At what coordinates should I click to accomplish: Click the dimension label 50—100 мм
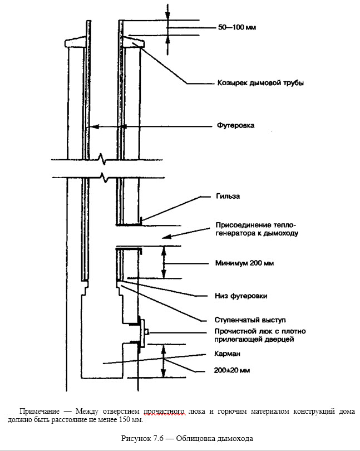[236, 27]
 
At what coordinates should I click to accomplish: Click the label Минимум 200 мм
[244, 263]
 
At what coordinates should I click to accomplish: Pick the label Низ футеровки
[241, 295]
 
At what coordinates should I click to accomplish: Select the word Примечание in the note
[40, 411]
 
